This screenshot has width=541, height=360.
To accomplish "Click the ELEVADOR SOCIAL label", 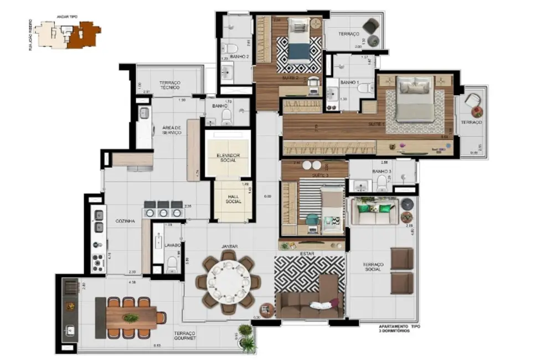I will point(228,158).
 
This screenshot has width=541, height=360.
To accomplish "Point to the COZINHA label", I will point(126,221).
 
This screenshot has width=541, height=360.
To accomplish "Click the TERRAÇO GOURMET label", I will point(185,336).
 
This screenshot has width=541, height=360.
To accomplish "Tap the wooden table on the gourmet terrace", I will point(131,317).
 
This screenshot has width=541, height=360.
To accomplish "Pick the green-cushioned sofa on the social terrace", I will point(374,211).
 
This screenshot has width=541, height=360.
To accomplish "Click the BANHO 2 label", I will point(239,56).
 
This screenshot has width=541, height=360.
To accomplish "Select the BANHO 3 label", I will point(382,171).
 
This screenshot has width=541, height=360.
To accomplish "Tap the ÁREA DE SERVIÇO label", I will point(172,130).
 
